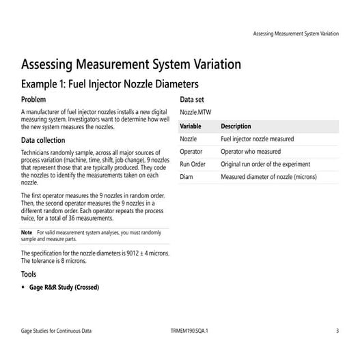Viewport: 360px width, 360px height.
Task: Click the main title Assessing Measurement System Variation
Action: [x=131, y=65]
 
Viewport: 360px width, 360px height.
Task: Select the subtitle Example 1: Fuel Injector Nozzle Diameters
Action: [x=110, y=85]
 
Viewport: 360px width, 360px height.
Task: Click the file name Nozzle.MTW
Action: [x=196, y=111]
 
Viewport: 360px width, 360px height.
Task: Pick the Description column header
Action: [x=236, y=126]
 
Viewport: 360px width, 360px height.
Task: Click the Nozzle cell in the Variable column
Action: [x=189, y=139]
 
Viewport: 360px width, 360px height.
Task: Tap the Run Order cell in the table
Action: [x=193, y=164]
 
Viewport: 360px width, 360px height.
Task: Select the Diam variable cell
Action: [x=187, y=177]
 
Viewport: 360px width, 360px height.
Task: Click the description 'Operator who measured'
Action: [x=251, y=152]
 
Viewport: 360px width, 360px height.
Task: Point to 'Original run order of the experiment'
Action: [x=265, y=164]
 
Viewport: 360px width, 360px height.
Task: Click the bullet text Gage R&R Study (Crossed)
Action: [x=64, y=287]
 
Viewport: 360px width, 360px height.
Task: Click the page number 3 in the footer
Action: [x=337, y=331]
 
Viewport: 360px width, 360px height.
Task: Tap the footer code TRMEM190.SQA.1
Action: [x=189, y=331]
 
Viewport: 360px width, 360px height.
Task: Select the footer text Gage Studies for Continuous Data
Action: [x=57, y=331]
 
